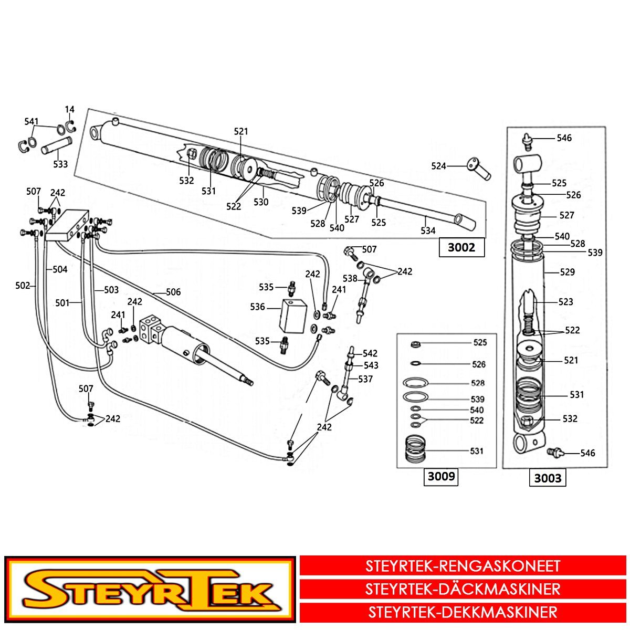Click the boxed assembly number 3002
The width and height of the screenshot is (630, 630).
pos(461,247)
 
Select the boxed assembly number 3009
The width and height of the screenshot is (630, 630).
pos(441,477)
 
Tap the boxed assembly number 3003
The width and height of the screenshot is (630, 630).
pos(548,478)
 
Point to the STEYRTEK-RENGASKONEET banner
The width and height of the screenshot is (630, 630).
pos(463,566)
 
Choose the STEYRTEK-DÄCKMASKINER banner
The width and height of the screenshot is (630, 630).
pos(463,589)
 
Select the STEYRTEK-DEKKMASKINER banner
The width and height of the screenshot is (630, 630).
pos(463,612)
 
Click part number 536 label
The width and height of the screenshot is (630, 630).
pos(257,307)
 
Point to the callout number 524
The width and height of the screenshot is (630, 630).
pos(438,166)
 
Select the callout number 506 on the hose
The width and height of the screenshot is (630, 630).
pos(173,292)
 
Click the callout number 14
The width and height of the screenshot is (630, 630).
pos(70,110)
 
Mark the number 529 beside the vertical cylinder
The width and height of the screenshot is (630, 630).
pos(567,272)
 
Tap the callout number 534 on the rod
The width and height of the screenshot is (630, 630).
pos(428,230)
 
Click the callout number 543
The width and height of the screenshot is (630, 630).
pos(371,365)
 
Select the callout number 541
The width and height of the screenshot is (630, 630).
pos(31,122)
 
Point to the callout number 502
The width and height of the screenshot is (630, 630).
pos(23,286)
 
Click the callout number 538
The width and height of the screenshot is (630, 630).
pos(350,278)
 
